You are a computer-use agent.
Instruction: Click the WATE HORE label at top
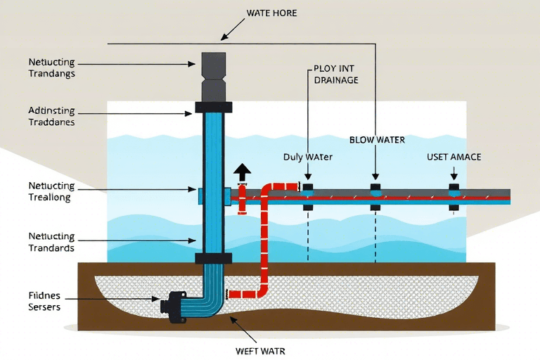pos(271,13)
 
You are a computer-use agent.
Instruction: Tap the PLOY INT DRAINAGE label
pos(335,75)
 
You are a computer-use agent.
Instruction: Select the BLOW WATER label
pos(377,140)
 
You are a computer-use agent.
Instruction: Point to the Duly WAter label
pos(307,157)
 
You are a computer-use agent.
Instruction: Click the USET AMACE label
pos(454,157)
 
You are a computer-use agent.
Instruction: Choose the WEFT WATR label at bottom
pos(259,349)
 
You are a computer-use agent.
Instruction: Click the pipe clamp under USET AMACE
pos(454,197)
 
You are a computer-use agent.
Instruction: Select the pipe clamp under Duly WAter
pos(307,197)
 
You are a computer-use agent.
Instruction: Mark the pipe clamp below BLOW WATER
pos(375,197)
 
